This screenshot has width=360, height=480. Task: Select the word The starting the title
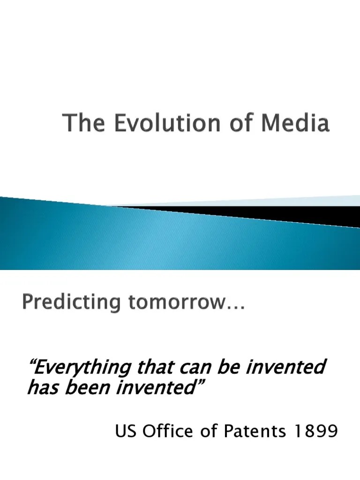click(81, 124)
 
